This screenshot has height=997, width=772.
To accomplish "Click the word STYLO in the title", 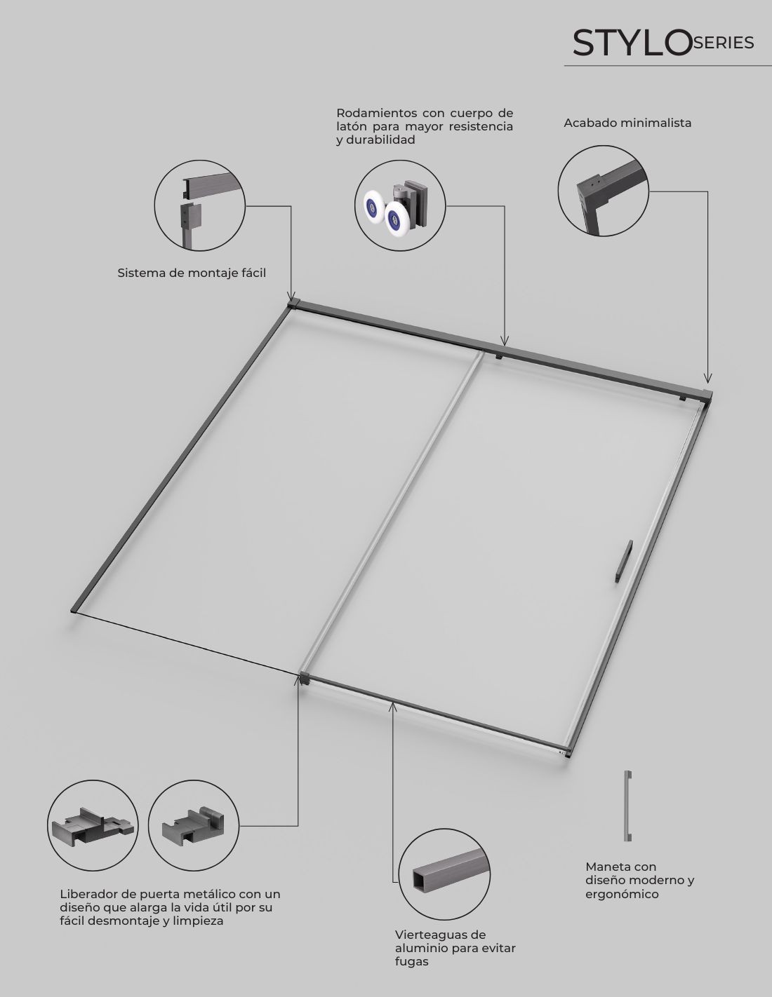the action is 632,43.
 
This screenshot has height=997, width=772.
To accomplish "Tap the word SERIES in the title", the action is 723,43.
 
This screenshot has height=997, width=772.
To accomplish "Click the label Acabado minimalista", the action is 627,123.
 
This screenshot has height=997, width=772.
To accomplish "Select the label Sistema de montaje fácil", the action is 192,273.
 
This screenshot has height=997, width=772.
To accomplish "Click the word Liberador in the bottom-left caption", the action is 91,894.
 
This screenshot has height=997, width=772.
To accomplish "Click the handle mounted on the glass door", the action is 624,561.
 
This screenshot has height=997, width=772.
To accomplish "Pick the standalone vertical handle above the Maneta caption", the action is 627,806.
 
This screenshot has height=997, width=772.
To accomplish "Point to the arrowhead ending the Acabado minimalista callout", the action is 707,378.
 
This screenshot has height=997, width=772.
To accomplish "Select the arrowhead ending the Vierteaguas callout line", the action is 392,707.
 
